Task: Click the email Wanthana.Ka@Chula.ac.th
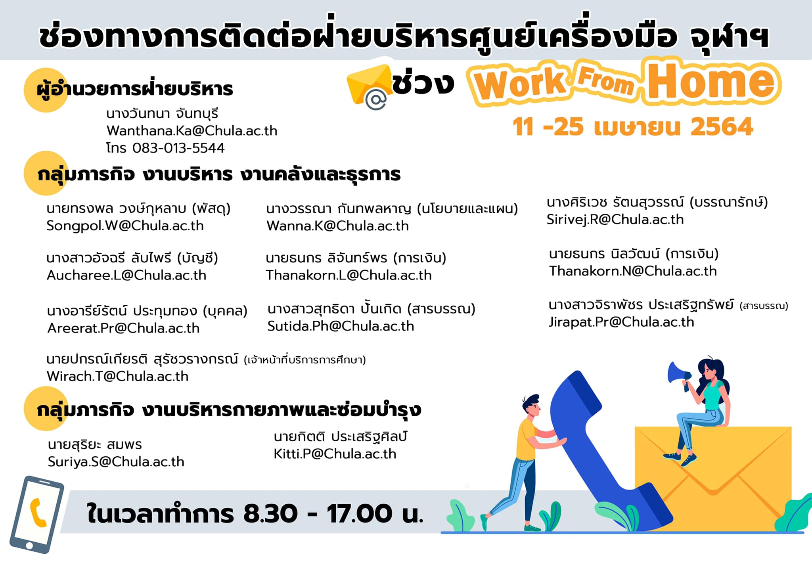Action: [x=192, y=131]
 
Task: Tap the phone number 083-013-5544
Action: [x=178, y=148]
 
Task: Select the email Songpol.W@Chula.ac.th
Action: [x=125, y=226]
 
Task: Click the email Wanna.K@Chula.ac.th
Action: [x=337, y=226]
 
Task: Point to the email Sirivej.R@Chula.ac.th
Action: [x=615, y=220]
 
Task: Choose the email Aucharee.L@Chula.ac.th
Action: [x=126, y=275]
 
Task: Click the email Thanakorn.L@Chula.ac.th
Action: [x=349, y=275]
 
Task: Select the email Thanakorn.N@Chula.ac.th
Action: [x=633, y=271]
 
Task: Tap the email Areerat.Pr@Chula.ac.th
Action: [x=123, y=328]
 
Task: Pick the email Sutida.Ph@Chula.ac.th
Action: [x=341, y=326]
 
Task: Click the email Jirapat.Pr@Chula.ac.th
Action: [x=621, y=322]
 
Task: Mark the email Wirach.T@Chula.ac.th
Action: [x=117, y=376]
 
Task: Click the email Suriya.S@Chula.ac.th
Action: [x=116, y=462]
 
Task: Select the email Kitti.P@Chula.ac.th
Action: [x=335, y=454]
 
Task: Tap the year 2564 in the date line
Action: [x=722, y=127]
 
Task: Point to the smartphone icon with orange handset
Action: [x=37, y=515]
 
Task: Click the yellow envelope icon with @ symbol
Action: [x=369, y=86]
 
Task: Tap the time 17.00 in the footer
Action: [x=359, y=514]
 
